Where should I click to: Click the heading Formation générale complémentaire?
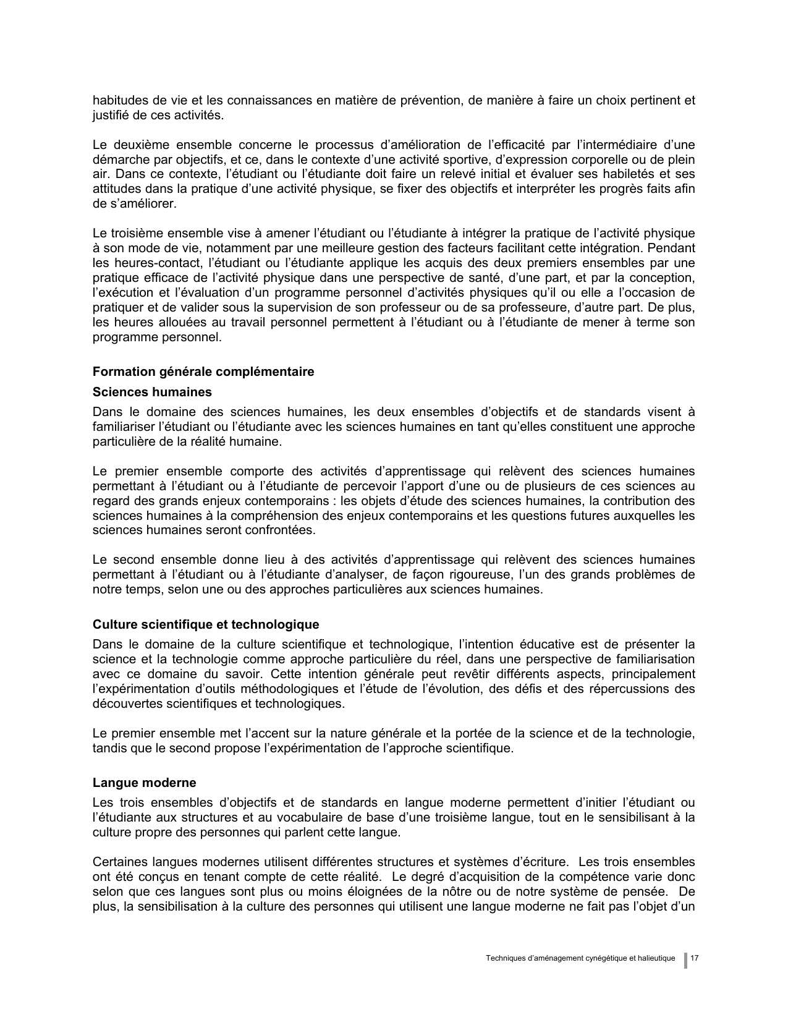[203, 372]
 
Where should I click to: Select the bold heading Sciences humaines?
[152, 392]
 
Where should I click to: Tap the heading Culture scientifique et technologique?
[206, 624]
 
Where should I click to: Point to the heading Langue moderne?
[144, 783]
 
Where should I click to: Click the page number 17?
[694, 958]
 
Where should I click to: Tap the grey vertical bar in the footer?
[685, 959]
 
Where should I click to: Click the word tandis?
[108, 748]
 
